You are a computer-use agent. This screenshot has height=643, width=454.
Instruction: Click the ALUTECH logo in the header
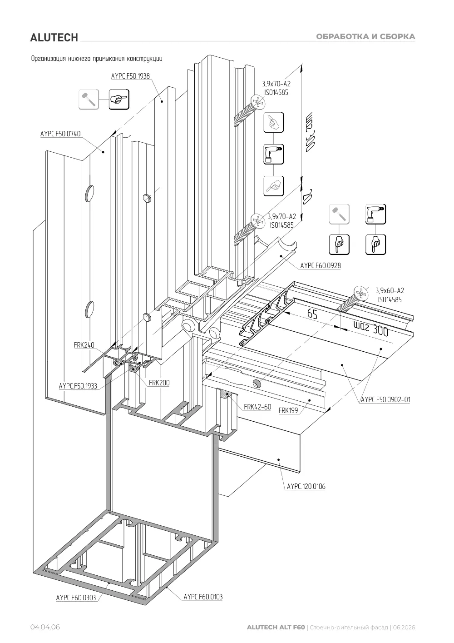(x=54, y=38)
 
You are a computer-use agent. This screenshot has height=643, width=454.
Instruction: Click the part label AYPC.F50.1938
(x=130, y=76)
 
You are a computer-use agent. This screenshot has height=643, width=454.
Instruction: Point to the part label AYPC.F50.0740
(x=60, y=134)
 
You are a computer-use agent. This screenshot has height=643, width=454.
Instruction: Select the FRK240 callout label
(x=84, y=345)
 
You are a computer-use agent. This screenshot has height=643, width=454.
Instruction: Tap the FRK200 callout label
(x=159, y=383)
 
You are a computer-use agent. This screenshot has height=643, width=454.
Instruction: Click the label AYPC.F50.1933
(x=78, y=386)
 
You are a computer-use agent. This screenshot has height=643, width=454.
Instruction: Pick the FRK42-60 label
(x=257, y=407)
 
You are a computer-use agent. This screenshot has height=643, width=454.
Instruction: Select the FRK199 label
(x=289, y=410)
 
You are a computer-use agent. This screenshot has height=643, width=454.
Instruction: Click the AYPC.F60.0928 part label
(x=321, y=265)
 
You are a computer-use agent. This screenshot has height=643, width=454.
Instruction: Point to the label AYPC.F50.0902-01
(x=385, y=399)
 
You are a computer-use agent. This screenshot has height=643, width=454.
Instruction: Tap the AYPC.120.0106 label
(x=306, y=486)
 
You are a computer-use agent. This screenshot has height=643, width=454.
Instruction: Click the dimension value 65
(x=312, y=314)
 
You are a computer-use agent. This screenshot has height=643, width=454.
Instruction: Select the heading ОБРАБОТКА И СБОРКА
(x=365, y=36)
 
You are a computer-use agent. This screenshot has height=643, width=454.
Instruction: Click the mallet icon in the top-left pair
(x=89, y=100)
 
